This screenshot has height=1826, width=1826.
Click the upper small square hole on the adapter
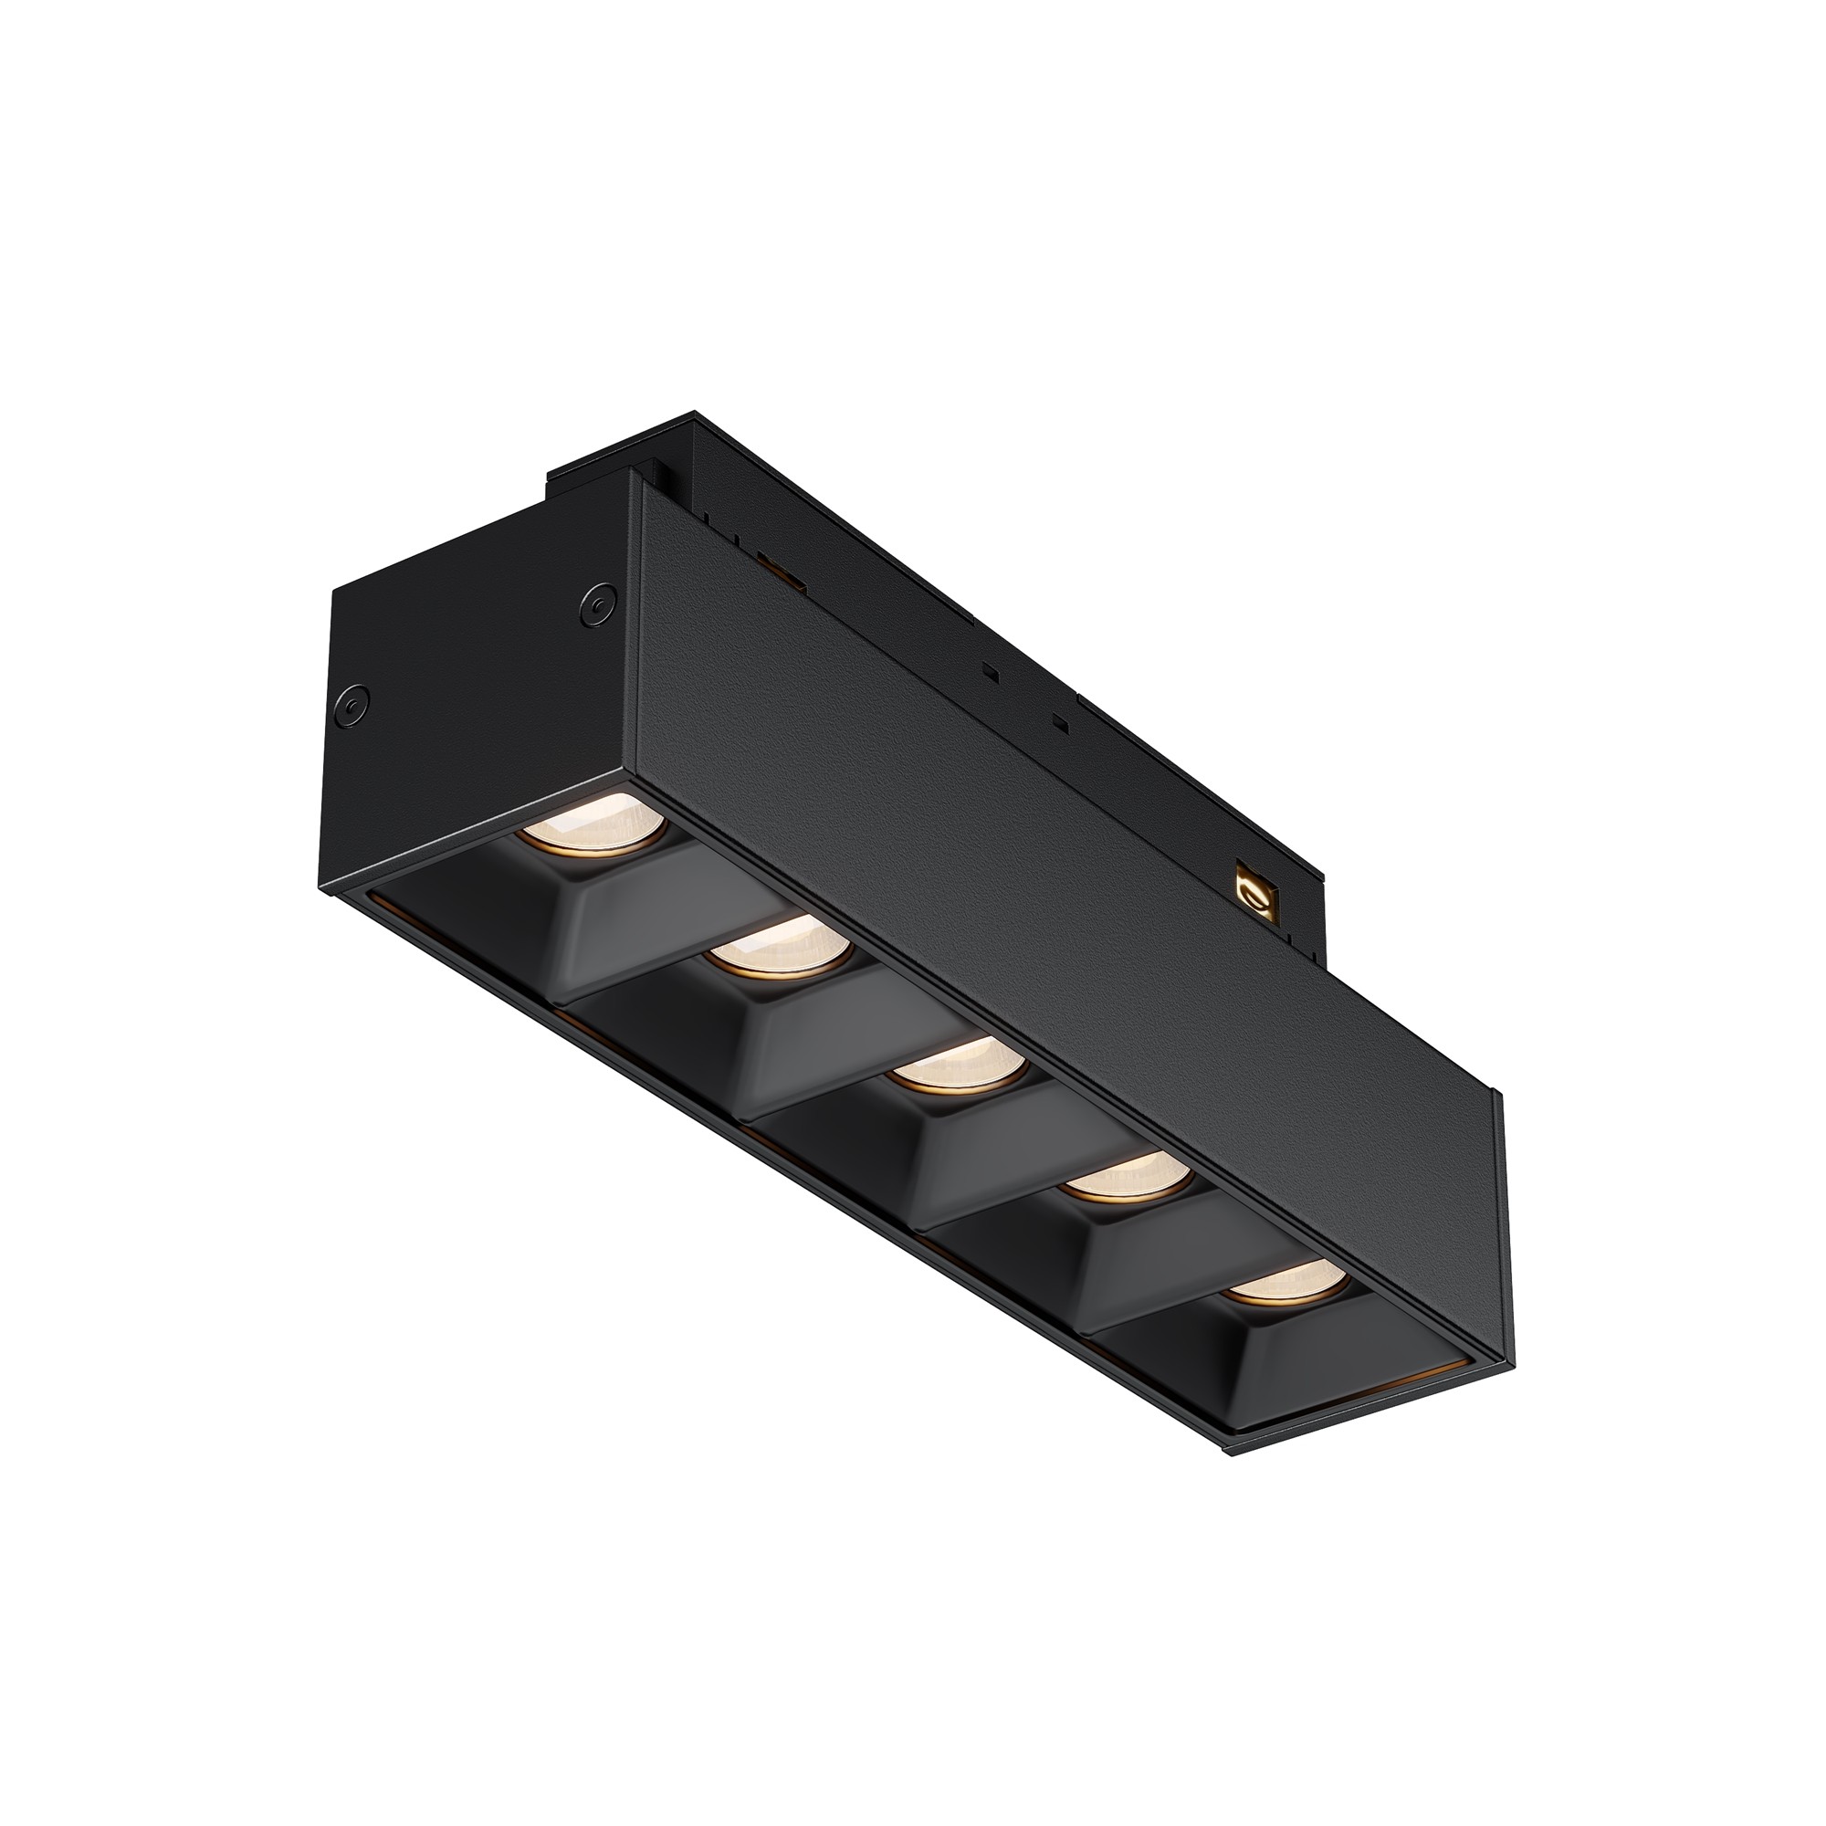click(x=989, y=673)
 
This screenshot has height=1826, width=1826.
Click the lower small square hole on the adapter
click(x=1060, y=724)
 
